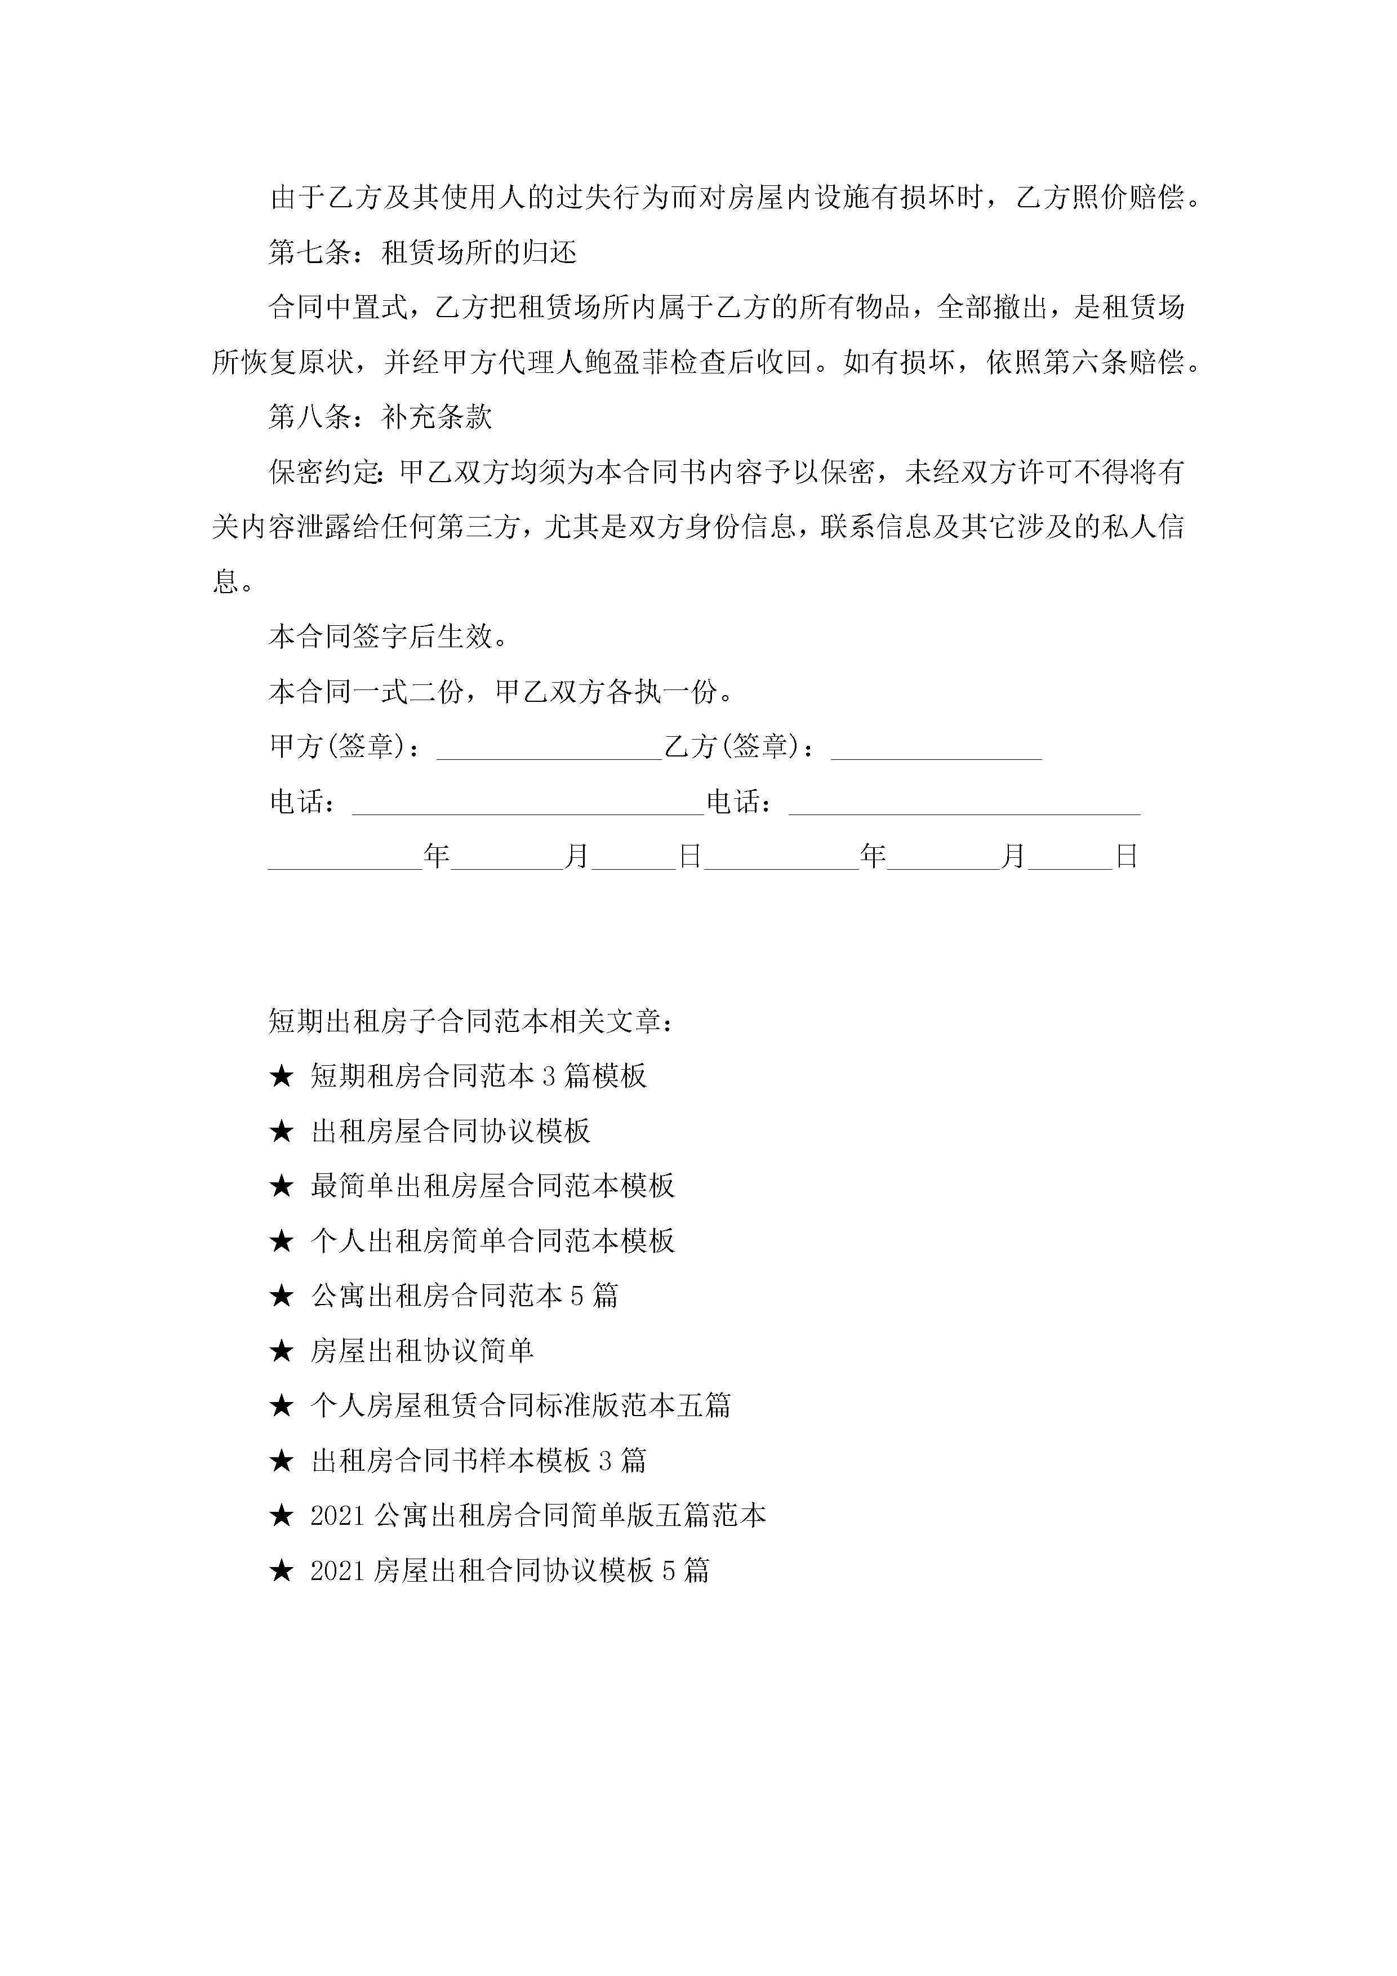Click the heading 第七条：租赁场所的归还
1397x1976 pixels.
pos(422,253)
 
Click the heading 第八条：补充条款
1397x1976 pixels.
pos(380,417)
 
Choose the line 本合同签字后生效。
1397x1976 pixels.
pos(388,637)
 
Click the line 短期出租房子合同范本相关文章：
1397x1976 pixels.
pos(471,1022)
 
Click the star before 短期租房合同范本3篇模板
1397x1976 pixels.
pos(282,1076)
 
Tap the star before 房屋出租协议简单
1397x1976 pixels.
pos(282,1352)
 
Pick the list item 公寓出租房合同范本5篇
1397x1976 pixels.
pos(464,1296)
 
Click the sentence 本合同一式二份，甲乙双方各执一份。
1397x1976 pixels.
pos(501,692)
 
